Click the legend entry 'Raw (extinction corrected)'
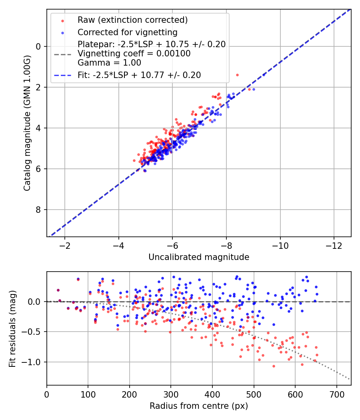click(132, 20)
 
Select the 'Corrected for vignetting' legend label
click(127, 32)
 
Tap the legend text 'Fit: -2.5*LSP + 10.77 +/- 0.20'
click(139, 75)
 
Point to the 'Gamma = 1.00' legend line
click(109, 62)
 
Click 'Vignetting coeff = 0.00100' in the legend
click(134, 54)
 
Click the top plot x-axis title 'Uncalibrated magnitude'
click(199, 257)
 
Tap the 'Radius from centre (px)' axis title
click(199, 406)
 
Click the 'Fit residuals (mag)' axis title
click(12, 328)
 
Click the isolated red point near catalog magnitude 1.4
click(237, 75)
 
